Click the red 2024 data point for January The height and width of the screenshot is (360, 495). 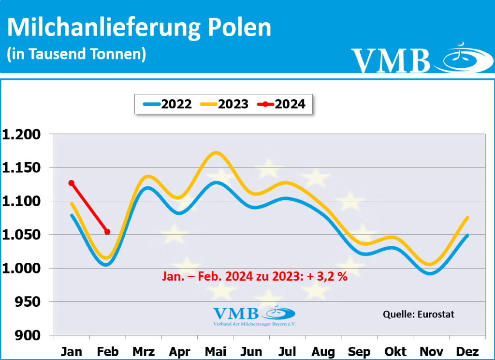[x=72, y=183]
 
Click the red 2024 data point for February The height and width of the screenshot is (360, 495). [x=107, y=232]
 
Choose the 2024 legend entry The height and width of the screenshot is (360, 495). [x=281, y=104]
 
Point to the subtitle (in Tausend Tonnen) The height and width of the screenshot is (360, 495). [x=76, y=54]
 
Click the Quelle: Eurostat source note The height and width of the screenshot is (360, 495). [x=418, y=314]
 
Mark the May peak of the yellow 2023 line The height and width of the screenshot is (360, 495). [x=216, y=153]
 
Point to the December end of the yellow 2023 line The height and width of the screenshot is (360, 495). [x=467, y=218]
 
